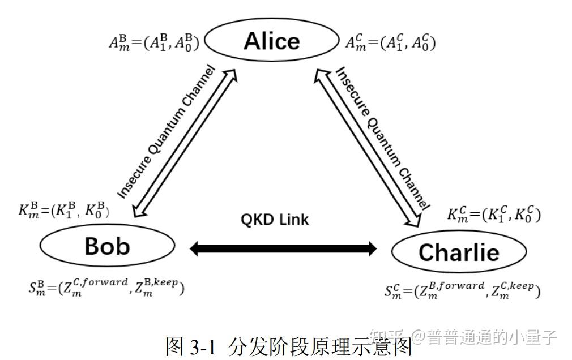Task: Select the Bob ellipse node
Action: [x=108, y=246]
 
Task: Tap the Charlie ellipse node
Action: [x=459, y=252]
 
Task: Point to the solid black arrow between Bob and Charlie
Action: [x=283, y=247]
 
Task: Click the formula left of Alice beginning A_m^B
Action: [x=153, y=42]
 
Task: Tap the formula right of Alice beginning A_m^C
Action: [x=390, y=42]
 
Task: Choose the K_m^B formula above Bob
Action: [x=63, y=211]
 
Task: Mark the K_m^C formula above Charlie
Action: [x=494, y=215]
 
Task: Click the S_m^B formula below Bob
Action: [x=106, y=287]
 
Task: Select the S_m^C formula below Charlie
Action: [x=462, y=290]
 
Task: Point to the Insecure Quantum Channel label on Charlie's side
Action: [x=382, y=136]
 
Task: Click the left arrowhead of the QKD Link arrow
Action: [x=196, y=247]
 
